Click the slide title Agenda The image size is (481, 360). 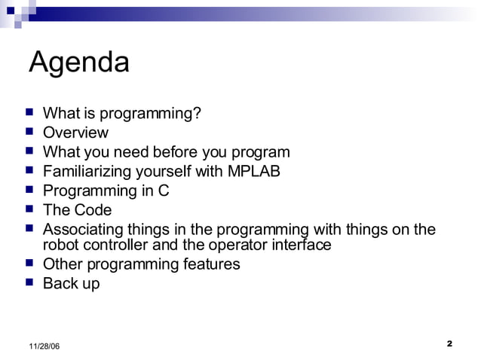pyautogui.click(x=78, y=63)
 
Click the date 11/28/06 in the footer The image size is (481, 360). pyautogui.click(x=44, y=346)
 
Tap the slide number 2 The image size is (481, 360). pyautogui.click(x=449, y=344)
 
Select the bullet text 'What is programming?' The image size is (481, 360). pyautogui.click(x=121, y=114)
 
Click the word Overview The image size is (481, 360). pyautogui.click(x=75, y=133)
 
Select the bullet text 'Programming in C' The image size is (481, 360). pyautogui.click(x=106, y=191)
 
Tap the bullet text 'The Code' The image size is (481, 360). pyautogui.click(x=77, y=210)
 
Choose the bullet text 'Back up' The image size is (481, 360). pyautogui.click(x=71, y=284)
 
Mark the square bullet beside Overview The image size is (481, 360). pyautogui.click(x=29, y=132)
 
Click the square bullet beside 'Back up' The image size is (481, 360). pyautogui.click(x=29, y=283)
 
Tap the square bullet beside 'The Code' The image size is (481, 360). pyautogui.click(x=29, y=209)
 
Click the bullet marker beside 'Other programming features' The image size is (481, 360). pyautogui.click(x=29, y=264)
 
